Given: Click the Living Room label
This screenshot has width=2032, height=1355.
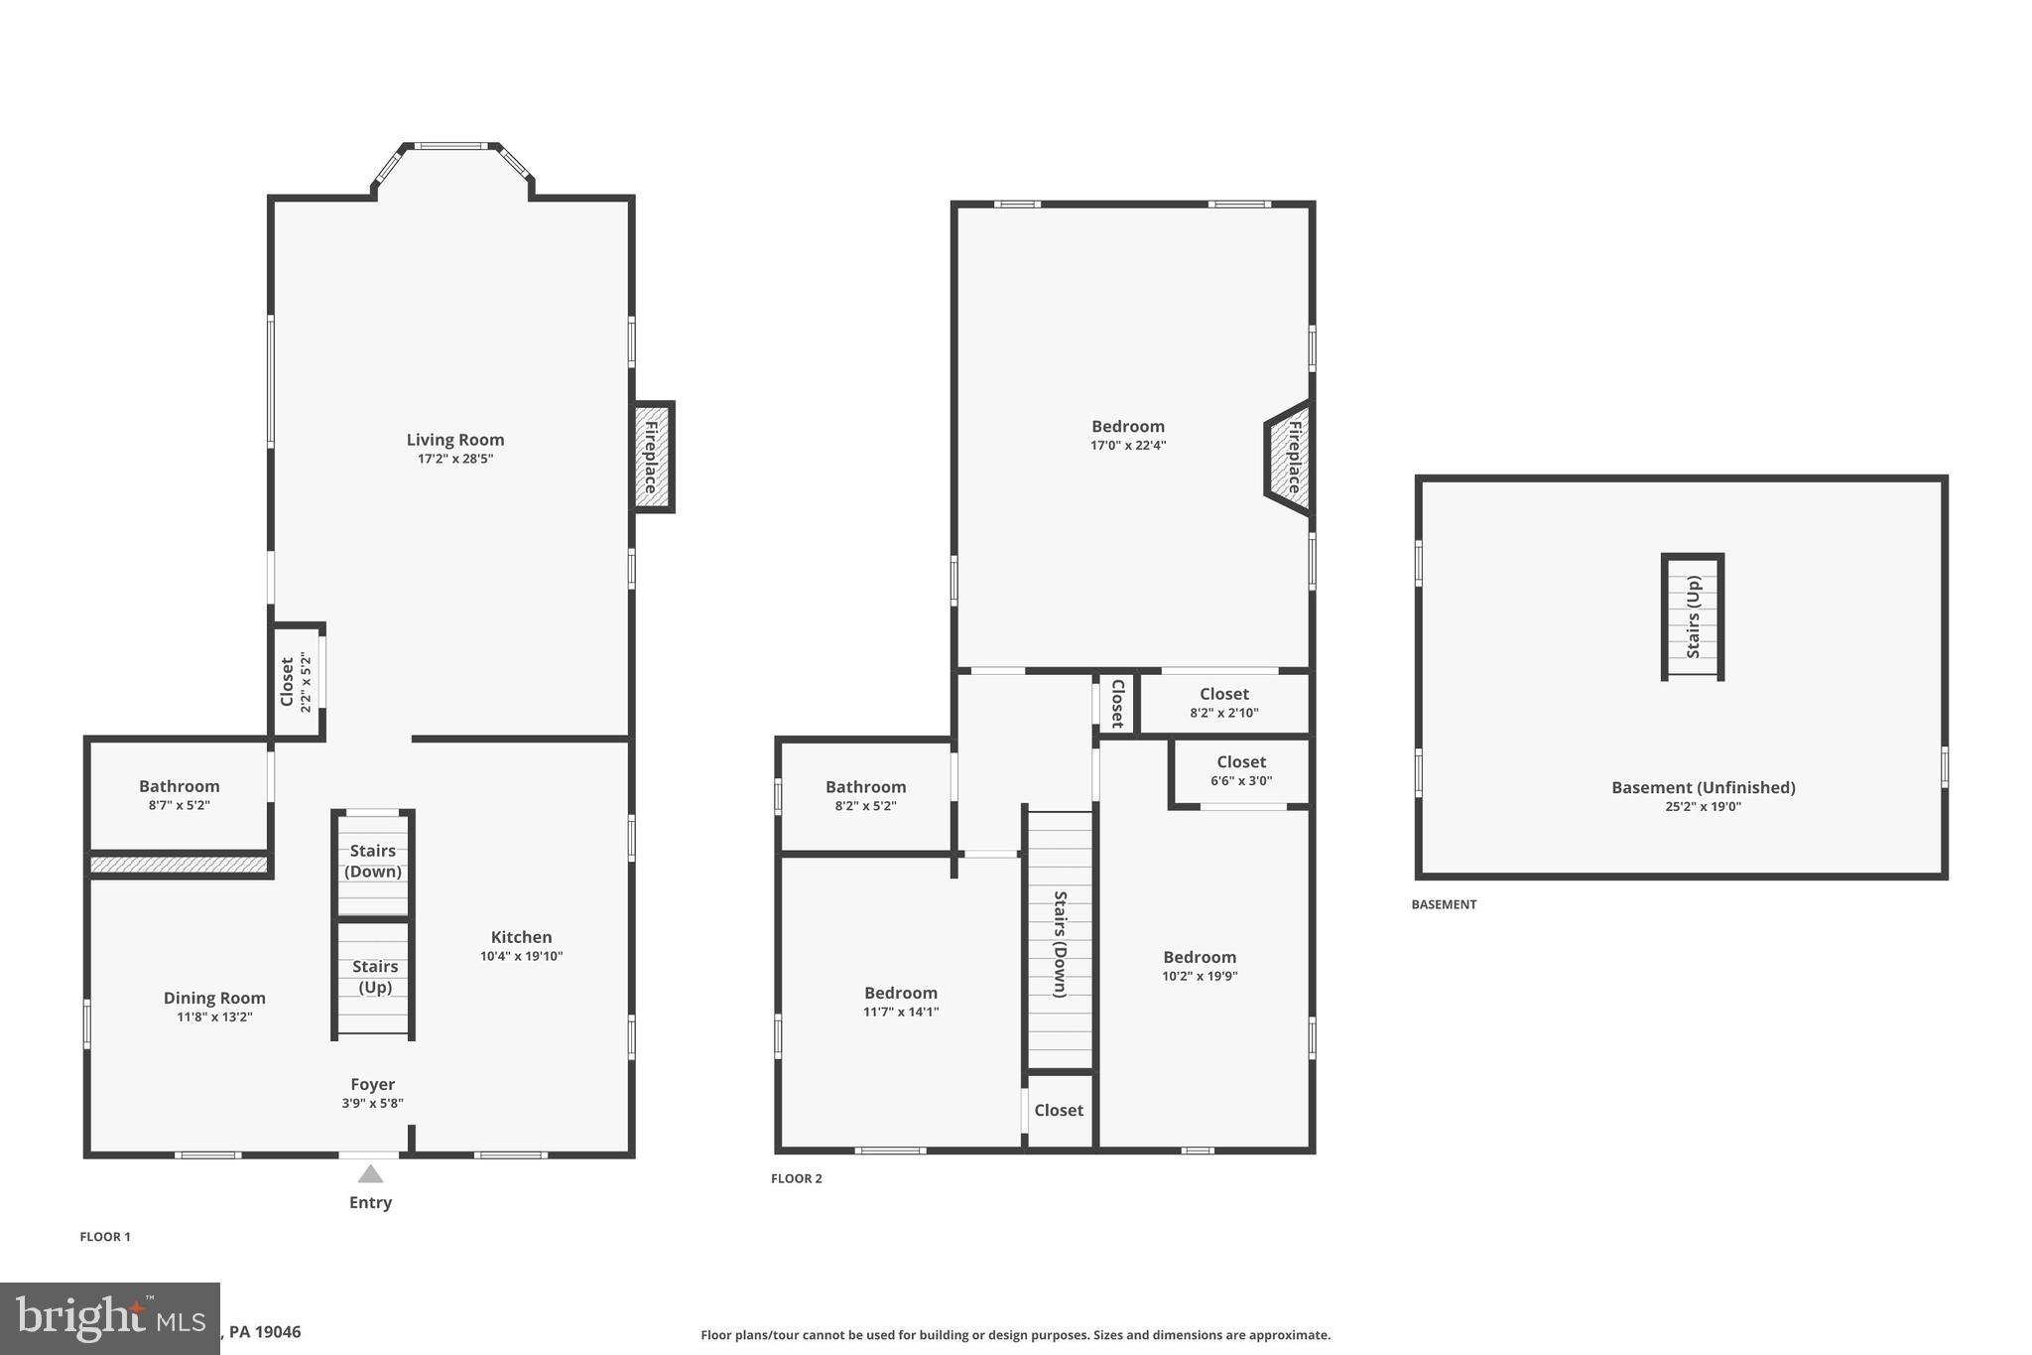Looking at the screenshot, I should pos(454,440).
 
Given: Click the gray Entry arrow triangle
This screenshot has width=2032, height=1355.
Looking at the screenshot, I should pos(370,1174).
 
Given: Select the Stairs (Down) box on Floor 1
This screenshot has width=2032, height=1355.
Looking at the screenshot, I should pos(373,862).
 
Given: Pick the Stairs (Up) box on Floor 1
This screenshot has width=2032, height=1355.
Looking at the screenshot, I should pos(373,978).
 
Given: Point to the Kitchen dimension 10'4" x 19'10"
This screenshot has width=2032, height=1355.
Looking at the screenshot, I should pos(521,956).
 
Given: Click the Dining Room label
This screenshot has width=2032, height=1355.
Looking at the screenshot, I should pos(214,998).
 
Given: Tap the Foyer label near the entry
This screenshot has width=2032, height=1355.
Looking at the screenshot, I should pos(372,1084).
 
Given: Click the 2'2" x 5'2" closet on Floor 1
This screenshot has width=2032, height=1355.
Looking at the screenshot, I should pos(297,682).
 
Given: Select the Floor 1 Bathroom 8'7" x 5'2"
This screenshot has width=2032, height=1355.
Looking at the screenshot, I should pos(179,795).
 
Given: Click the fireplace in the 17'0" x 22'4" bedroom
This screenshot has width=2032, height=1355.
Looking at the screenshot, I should pos(1290,458).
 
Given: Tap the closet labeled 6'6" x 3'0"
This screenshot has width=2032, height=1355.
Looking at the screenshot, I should pos(1240,770).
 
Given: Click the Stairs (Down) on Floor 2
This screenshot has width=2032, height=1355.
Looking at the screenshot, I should pos(1060,943).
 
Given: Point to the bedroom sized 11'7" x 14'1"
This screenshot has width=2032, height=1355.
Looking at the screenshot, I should pos(900,1002).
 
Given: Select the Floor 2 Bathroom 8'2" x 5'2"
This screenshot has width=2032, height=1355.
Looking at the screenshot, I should pos(865,795).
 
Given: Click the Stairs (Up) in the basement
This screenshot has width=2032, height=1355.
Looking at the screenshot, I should pos(1693,616).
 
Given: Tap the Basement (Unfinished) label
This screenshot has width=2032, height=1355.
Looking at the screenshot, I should pos(1703,787).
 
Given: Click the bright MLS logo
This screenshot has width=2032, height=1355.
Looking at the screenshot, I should pos(109,1318).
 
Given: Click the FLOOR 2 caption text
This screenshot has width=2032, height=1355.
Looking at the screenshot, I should pos(797,1178).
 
